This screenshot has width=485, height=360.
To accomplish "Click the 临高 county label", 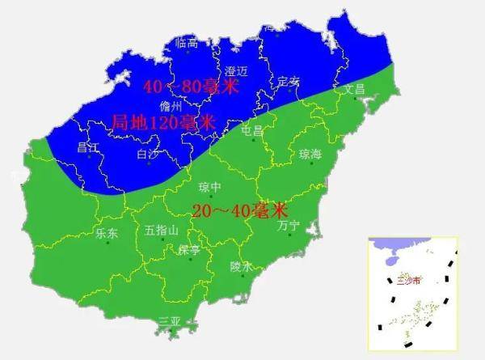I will pyautogui.click(x=187, y=43).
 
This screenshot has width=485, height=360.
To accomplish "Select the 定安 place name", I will pyautogui.click(x=288, y=81).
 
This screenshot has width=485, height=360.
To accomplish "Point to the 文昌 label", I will pyautogui.click(x=356, y=88).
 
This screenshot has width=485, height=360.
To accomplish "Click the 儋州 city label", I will pyautogui.click(x=171, y=106).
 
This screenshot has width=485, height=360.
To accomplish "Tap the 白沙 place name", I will pyautogui.click(x=149, y=154).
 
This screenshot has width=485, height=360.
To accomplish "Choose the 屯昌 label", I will pyautogui.click(x=253, y=129).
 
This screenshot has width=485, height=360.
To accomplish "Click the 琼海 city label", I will pyautogui.click(x=310, y=154).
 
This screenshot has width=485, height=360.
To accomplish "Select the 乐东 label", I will pyautogui.click(x=107, y=233).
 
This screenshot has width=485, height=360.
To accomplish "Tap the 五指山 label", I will pyautogui.click(x=161, y=231).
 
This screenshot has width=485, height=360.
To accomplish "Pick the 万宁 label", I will pyautogui.click(x=288, y=227).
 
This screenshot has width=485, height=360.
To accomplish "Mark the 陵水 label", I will pyautogui.click(x=241, y=265).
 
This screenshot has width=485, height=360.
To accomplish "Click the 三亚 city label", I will pyautogui.click(x=169, y=321).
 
